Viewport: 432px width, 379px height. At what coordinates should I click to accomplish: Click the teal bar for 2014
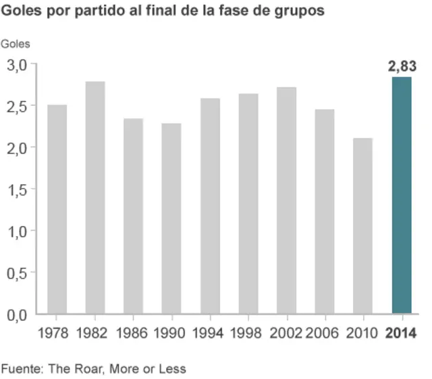tap(402, 196)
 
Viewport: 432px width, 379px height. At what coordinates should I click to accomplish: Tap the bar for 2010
tap(362, 226)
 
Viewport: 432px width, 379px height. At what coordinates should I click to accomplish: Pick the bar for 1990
tap(171, 218)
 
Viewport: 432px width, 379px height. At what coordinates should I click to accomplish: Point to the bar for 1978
tap(57, 209)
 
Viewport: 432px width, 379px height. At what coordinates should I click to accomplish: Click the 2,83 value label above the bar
tap(402, 67)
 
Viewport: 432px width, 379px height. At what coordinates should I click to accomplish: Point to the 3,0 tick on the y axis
tap(17, 65)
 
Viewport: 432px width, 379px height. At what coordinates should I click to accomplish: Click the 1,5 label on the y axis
tap(17, 189)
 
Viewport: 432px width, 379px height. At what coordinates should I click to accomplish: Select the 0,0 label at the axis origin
tap(17, 314)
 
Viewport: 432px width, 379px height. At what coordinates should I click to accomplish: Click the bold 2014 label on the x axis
tap(401, 333)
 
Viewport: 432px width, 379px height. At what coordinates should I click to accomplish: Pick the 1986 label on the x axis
tap(132, 333)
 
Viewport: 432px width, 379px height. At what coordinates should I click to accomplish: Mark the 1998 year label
tap(248, 333)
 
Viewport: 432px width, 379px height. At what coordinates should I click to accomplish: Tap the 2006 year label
tap(324, 333)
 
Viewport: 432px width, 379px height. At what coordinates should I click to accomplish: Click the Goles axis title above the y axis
tap(16, 45)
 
